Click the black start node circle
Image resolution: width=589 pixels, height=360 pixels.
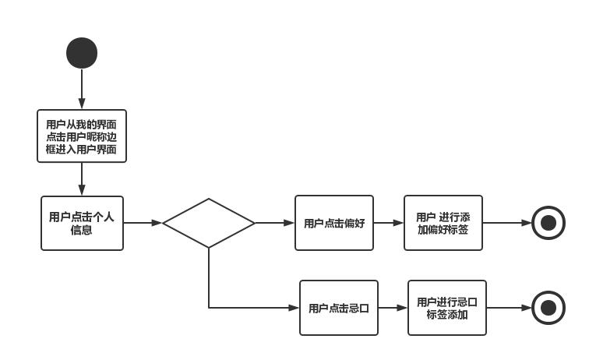(x=82, y=53)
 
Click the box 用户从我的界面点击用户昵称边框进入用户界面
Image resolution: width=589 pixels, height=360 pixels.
(x=82, y=136)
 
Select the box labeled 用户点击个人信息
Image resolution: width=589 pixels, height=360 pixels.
(x=82, y=223)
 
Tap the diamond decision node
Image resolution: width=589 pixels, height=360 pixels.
(x=209, y=223)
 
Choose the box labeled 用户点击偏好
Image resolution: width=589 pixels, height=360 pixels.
(x=334, y=223)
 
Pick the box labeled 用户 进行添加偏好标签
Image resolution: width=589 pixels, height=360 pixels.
(x=443, y=223)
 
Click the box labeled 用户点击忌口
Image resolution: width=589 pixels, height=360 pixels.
(x=339, y=308)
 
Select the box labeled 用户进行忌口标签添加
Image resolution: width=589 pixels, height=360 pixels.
(x=447, y=308)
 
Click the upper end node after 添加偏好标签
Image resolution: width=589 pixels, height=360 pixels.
(x=548, y=223)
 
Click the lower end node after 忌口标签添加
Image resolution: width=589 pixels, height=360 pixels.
(x=548, y=308)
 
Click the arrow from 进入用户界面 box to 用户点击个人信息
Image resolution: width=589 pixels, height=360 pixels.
(x=82, y=179)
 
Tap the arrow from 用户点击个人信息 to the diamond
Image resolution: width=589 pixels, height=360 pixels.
(x=143, y=223)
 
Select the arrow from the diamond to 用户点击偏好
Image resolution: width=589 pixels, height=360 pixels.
(x=275, y=223)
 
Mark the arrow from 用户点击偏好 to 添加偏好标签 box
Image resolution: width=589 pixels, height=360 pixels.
(x=389, y=223)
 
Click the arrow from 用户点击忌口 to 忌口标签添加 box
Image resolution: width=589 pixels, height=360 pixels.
(x=393, y=308)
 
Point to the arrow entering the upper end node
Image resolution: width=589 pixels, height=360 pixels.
(x=507, y=223)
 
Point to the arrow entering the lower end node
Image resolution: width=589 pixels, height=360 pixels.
(x=510, y=308)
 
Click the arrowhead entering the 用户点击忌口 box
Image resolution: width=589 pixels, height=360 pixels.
(x=294, y=308)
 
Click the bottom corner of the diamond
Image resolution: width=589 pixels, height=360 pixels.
(x=209, y=247)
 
